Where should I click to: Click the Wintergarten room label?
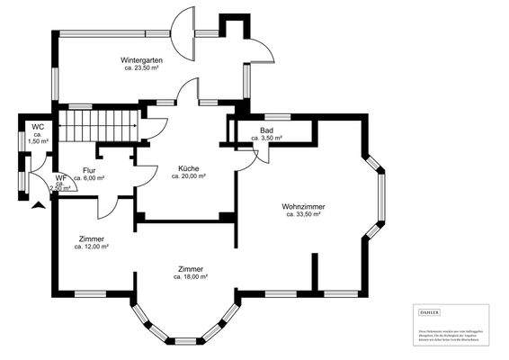coord(144,59)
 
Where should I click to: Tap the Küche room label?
coord(188,168)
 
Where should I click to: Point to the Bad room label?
coord(266,130)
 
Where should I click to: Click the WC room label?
coord(38,127)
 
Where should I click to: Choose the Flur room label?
coord(89,170)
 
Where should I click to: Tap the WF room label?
coord(61,178)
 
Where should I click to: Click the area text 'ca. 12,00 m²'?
coord(92,247)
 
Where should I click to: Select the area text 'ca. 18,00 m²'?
coord(191,277)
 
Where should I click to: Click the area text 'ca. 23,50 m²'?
coord(144,68)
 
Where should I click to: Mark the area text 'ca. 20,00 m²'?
coord(188,176)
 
